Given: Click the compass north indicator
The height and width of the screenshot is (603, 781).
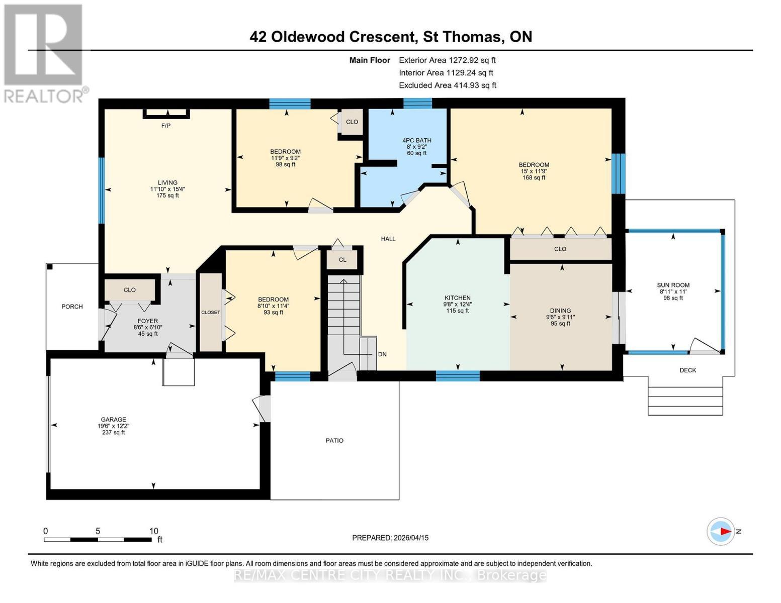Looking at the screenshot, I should [721, 531].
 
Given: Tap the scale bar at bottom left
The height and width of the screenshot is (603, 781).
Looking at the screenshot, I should [98, 539].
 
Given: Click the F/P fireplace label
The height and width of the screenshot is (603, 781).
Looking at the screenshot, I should [165, 126].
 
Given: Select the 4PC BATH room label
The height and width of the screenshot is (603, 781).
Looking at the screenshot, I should [416, 141].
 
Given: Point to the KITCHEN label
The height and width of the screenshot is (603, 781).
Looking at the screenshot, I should [457, 298].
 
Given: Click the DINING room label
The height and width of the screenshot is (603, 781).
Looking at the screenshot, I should [560, 311].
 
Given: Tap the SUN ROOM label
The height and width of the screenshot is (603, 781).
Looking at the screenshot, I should [673, 285].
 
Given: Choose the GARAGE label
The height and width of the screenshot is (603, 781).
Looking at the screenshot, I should [113, 420].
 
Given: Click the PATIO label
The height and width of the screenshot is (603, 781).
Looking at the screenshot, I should [334, 441].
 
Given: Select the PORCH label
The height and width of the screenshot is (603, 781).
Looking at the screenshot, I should [72, 307].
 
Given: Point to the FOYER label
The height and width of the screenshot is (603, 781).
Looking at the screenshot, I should [147, 321].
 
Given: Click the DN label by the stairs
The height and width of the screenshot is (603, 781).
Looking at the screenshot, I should [382, 354].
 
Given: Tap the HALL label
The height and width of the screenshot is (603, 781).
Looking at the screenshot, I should [388, 239].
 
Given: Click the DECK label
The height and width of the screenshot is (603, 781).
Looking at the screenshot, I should [687, 370].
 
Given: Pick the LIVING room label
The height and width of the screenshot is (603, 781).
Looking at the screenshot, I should [167, 183].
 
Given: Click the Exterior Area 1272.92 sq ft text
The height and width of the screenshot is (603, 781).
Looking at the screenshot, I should [447, 60].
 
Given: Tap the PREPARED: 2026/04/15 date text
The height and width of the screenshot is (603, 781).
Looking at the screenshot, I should [390, 538].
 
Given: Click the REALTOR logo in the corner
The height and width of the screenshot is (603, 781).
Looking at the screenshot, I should [44, 53].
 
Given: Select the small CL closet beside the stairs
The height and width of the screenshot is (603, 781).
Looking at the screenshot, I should [342, 260].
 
